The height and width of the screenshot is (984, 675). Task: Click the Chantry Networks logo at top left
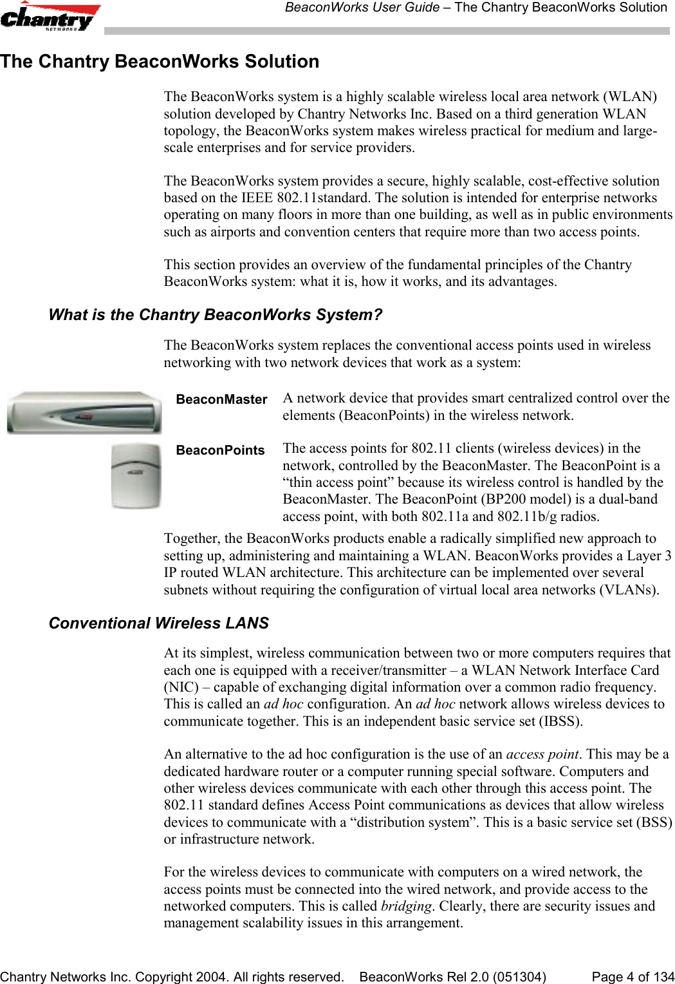(50, 17)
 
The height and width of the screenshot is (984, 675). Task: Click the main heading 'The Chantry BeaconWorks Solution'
(160, 62)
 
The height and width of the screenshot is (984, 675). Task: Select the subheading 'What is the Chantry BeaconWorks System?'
(216, 315)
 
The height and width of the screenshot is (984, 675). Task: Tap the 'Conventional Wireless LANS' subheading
(159, 623)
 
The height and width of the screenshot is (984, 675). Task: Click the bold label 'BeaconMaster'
(221, 399)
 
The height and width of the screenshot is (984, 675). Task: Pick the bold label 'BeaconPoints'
(220, 450)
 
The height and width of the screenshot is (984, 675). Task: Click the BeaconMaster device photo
(84, 413)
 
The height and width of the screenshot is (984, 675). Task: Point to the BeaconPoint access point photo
(136, 476)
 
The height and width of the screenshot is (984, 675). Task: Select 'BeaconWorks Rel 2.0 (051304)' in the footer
(453, 977)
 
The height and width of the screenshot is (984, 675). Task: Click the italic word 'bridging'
(405, 906)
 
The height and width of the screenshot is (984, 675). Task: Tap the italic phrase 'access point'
(542, 754)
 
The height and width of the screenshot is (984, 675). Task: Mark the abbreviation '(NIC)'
(181, 687)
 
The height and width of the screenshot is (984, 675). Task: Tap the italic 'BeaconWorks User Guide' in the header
(360, 8)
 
